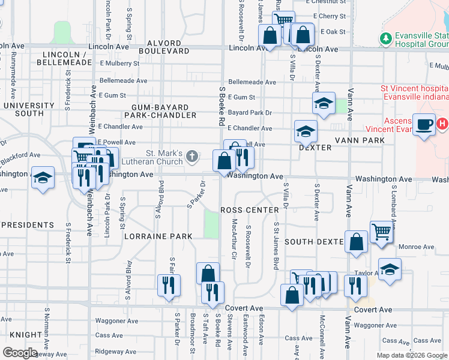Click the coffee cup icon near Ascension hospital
(424, 124)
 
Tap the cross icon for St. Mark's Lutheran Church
(192, 157)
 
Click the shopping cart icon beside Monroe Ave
(381, 232)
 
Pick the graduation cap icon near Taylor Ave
(390, 269)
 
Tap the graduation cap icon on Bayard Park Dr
(324, 103)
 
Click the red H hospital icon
(442, 124)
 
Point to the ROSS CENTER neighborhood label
(249, 210)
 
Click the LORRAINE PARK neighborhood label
(158, 236)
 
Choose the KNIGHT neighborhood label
(26, 335)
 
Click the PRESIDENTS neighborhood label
(27, 225)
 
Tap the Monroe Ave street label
(415, 247)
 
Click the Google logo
(20, 353)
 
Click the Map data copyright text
(412, 355)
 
